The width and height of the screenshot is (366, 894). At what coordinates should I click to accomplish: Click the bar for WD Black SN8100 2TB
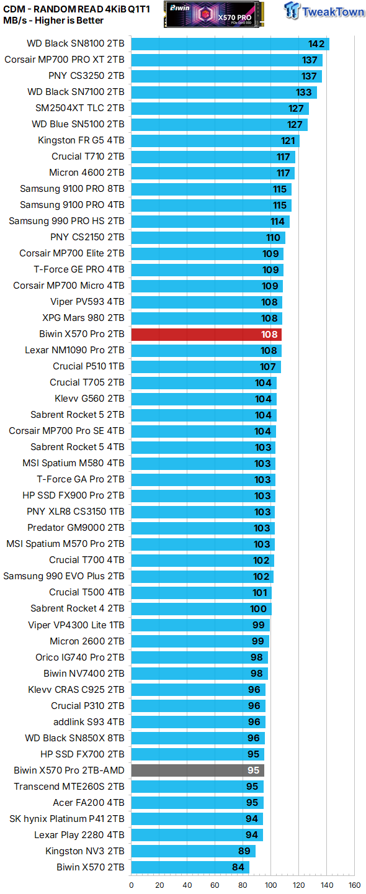(x=230, y=43)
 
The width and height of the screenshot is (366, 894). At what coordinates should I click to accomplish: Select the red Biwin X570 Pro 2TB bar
(x=206, y=334)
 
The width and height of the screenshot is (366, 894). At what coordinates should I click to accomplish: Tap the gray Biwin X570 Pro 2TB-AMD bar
(x=197, y=770)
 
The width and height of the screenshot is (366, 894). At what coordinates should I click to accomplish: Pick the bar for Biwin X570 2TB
(x=190, y=867)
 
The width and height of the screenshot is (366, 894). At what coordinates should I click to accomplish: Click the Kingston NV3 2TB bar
(x=193, y=851)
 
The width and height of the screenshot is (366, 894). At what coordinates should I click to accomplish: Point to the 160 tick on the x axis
(x=354, y=885)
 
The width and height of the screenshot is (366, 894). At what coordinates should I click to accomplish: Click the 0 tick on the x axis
(x=132, y=885)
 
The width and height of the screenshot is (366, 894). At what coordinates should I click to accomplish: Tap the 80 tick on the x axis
(x=243, y=885)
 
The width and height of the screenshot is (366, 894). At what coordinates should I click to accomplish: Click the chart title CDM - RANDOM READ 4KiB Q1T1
(x=76, y=8)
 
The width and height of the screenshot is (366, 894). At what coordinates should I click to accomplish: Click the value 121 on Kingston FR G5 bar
(x=288, y=140)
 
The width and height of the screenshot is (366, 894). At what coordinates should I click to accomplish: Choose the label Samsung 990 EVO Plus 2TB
(x=64, y=576)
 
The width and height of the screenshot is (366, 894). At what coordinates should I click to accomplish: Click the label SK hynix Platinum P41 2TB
(x=67, y=819)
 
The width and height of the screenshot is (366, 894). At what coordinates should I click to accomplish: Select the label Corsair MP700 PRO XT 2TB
(x=65, y=60)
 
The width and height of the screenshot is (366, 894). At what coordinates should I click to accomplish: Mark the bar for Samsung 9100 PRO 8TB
(x=211, y=189)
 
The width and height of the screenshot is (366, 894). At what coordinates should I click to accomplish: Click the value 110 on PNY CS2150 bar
(x=274, y=237)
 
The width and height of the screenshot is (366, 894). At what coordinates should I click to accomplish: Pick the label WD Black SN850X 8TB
(x=74, y=738)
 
